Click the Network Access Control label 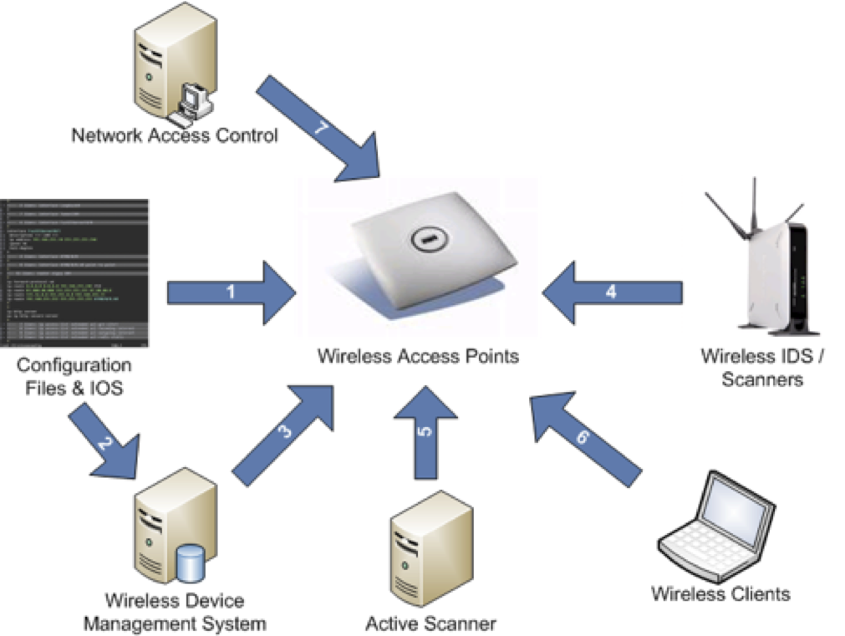[174, 135]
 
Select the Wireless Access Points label [418, 356]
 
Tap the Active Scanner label [430, 623]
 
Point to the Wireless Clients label [720, 594]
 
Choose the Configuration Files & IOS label [74, 376]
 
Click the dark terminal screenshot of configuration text [74, 272]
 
